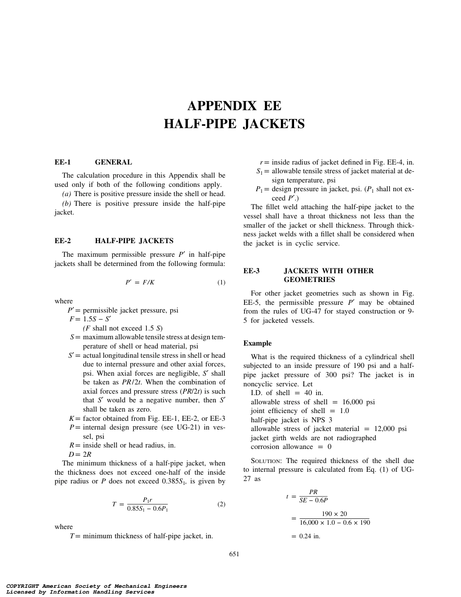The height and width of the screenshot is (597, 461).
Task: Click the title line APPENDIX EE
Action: point(234,106)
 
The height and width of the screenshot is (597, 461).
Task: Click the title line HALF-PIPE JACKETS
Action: point(234,124)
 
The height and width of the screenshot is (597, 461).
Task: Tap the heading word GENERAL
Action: point(113,162)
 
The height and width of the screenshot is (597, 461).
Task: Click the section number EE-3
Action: point(251,271)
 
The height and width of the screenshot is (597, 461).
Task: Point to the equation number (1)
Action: point(221,282)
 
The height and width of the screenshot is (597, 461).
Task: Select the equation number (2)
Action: point(221,504)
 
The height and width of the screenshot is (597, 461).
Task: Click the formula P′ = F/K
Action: point(140,282)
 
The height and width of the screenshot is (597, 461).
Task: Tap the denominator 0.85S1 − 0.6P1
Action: point(148,509)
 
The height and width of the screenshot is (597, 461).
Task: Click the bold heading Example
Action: point(257,343)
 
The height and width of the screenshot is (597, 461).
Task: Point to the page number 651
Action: point(234,554)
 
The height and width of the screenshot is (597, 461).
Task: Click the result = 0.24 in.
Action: point(306,536)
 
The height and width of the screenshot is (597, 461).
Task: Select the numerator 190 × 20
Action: point(334,514)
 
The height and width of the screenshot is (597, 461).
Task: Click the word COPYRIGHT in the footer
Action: point(23,586)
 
